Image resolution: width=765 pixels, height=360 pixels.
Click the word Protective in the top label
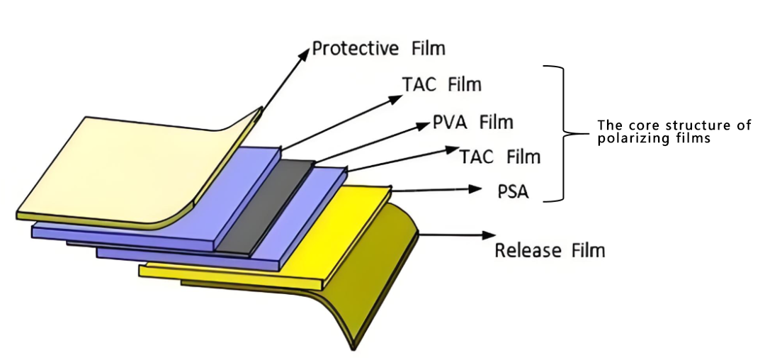click(x=356, y=49)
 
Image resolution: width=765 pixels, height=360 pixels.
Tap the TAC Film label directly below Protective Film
click(x=441, y=84)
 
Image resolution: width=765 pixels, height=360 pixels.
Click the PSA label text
click(x=512, y=191)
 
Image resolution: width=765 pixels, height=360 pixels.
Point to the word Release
click(x=523, y=250)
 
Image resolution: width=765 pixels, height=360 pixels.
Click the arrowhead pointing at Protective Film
click(x=305, y=52)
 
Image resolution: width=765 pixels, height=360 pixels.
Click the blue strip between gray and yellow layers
click(x=297, y=213)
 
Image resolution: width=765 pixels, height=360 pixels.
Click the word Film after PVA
click(x=496, y=122)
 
